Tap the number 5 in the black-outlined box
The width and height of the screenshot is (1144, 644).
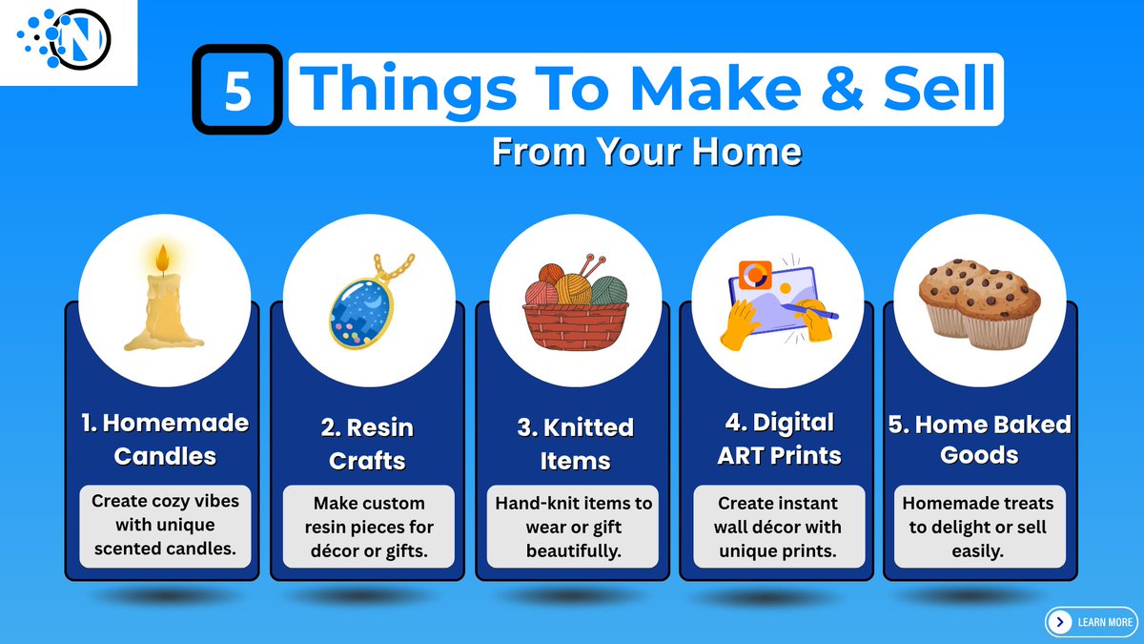237,91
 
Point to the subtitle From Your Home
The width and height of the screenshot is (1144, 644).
646,153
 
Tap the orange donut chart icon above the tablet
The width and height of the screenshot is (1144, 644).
756,275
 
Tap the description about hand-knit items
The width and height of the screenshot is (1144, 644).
574,527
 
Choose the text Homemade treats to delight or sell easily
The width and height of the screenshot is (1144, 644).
978,527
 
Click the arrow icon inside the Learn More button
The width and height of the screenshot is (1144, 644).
1059,622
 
